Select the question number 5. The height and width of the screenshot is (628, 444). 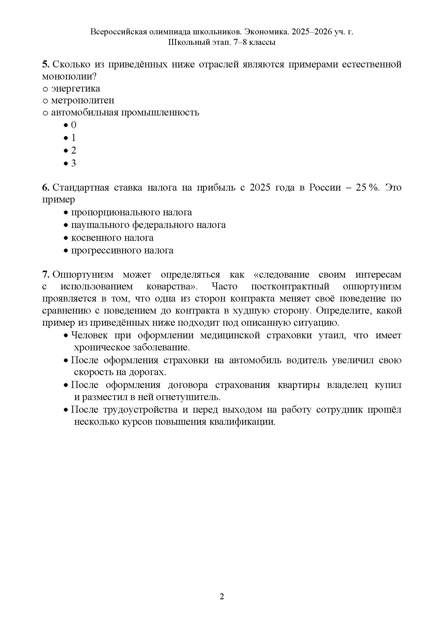point(45,64)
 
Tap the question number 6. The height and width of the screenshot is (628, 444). point(45,188)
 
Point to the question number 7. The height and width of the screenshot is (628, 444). point(45,274)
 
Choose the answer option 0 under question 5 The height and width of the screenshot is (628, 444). point(74,125)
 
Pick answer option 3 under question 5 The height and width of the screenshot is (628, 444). point(74,163)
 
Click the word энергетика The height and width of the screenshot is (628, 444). point(75,89)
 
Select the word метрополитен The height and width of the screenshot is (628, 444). point(83,100)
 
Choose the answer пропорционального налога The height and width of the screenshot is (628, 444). point(131,213)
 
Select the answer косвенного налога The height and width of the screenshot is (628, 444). point(112,238)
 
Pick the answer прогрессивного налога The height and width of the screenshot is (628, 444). point(122,251)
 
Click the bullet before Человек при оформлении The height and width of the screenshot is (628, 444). point(66,336)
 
